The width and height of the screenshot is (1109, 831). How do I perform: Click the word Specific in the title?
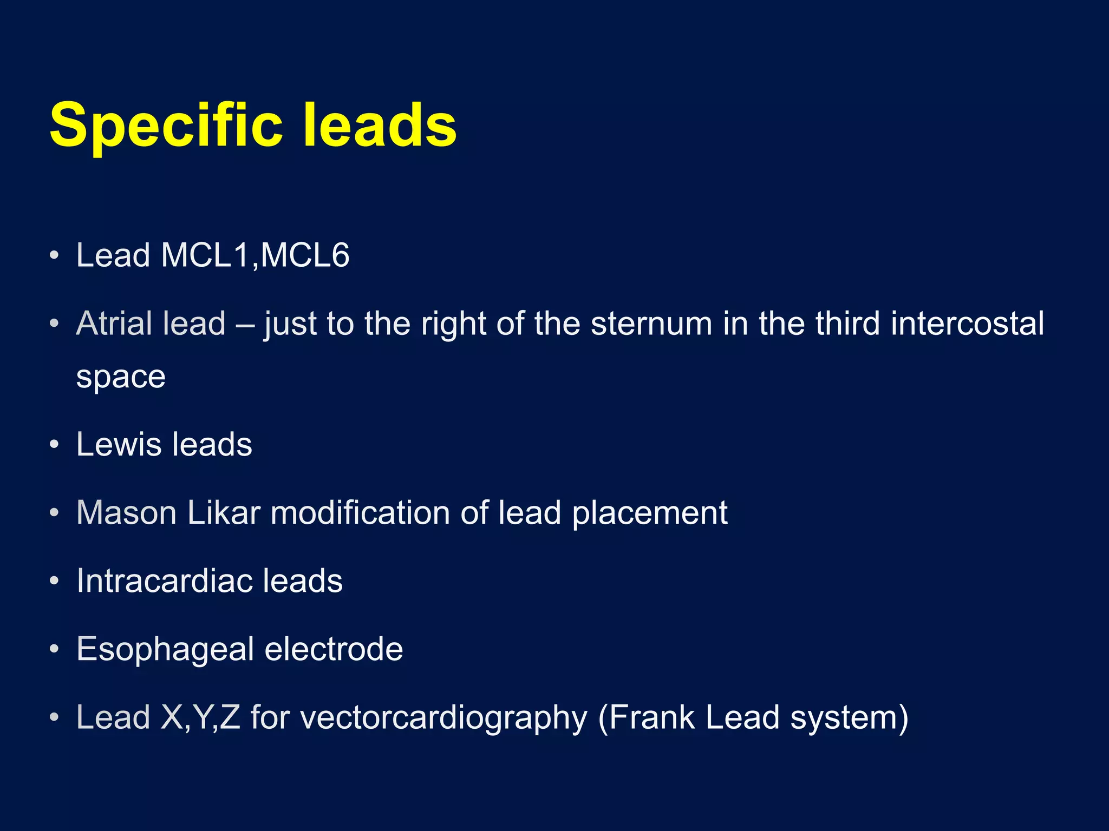pos(166,126)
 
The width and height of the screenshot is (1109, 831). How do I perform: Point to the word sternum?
pos(651,324)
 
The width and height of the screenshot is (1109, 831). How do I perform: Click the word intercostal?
pos(967,324)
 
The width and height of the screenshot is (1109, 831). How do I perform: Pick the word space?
pos(121,377)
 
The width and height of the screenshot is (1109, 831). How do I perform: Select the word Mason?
pos(127,513)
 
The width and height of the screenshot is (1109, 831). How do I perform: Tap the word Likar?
pos(224,513)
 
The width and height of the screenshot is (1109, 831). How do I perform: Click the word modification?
pos(360,513)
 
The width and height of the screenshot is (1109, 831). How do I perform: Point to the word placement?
pos(650,513)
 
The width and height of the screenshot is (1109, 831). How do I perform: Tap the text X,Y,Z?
pos(200,717)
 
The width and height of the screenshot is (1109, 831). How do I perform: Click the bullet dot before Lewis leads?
pos(54,445)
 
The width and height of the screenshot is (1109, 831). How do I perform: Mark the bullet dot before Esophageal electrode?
pos(54,649)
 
